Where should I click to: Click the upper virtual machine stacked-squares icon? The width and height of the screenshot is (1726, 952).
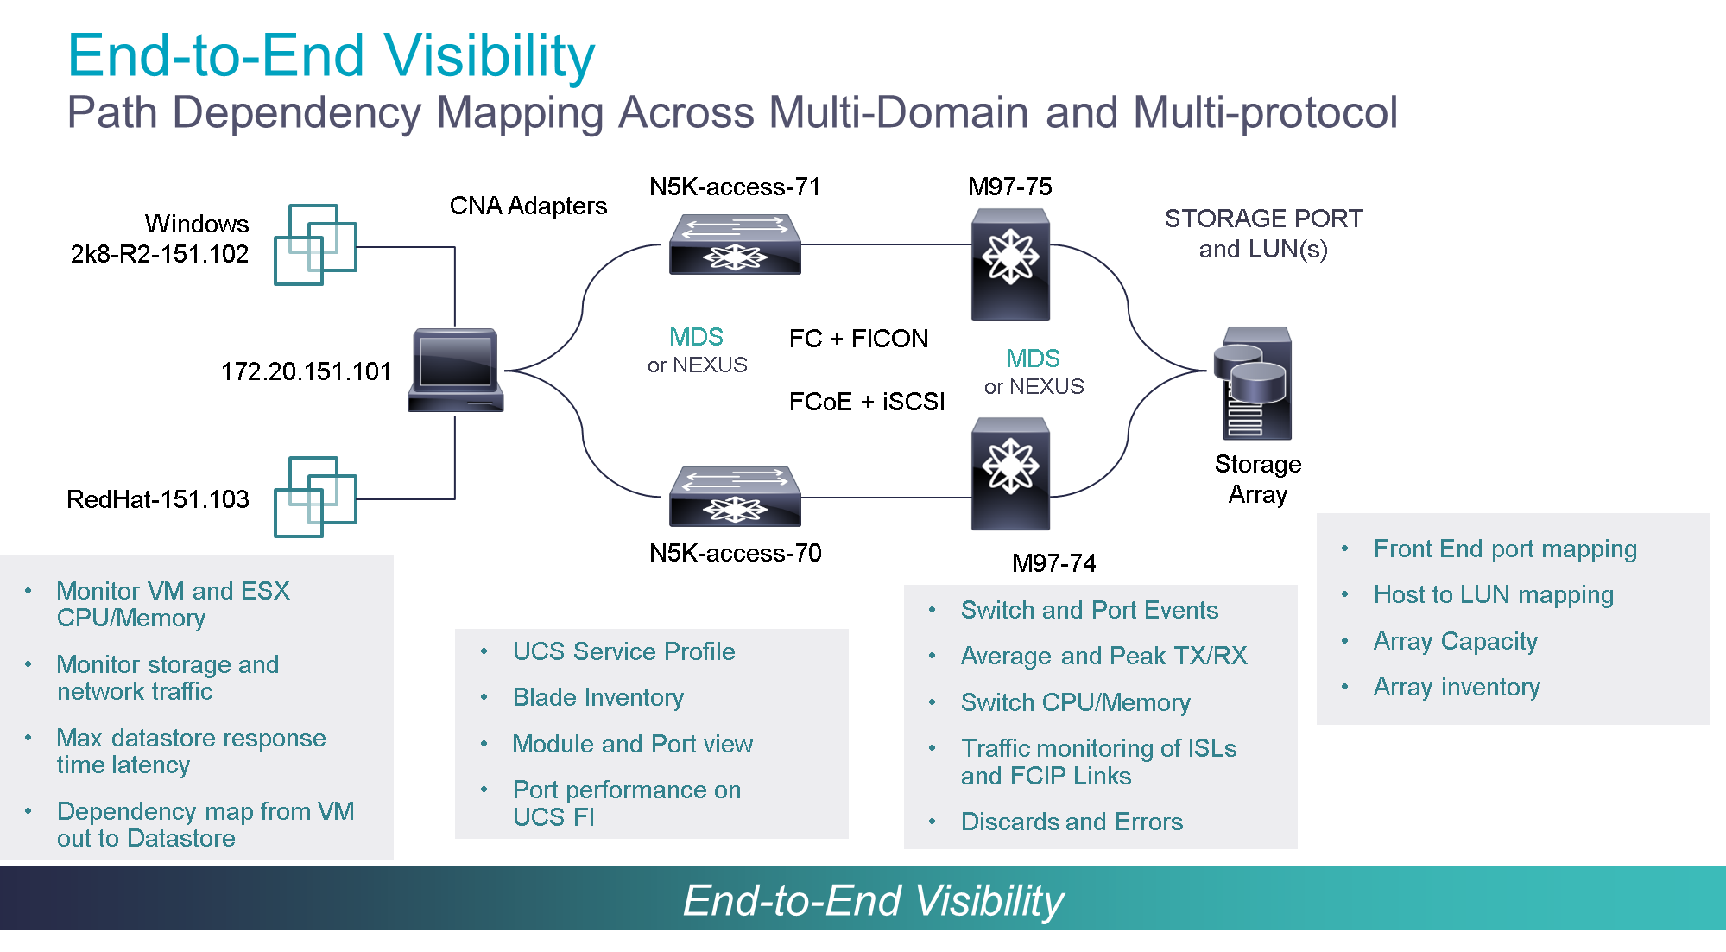click(315, 244)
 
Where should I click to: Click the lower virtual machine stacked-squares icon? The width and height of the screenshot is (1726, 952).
click(315, 497)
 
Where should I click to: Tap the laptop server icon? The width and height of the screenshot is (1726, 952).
click(455, 370)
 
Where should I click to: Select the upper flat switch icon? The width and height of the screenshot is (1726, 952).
click(735, 244)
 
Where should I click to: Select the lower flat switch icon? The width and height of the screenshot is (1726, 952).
click(735, 497)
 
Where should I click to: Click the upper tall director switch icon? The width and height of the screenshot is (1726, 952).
click(1010, 263)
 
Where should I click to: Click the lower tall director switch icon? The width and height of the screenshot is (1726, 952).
click(1010, 473)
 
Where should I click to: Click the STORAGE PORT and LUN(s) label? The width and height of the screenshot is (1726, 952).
click(1262, 233)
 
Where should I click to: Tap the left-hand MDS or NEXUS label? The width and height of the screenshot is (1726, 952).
click(697, 350)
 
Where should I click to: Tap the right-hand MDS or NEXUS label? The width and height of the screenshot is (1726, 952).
click(1034, 371)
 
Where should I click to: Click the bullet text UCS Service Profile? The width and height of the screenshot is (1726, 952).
click(623, 651)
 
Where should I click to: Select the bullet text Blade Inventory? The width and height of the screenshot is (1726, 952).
click(597, 697)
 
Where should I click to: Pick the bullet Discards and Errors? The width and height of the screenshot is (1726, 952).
click(1072, 822)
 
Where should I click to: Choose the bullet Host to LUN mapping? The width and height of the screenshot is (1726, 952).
click(1493, 594)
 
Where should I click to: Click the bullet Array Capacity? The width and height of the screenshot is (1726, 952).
click(1455, 641)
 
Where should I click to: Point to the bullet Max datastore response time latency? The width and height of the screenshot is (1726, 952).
click(190, 751)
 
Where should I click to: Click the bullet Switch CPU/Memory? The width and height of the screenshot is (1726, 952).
click(1075, 702)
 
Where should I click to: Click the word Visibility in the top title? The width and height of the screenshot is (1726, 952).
click(490, 56)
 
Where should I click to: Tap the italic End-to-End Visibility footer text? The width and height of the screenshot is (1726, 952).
click(872, 900)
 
